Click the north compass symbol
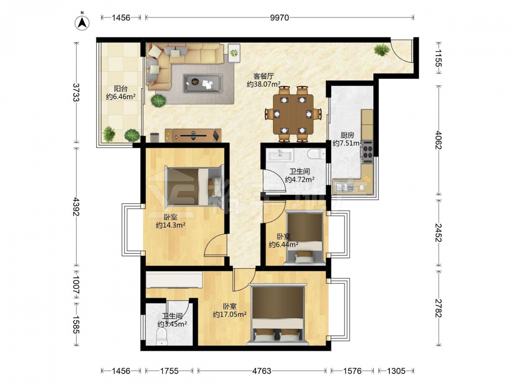click(x=82, y=22)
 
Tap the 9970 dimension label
click(x=279, y=17)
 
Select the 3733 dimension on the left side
click(x=76, y=93)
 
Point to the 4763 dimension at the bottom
click(x=262, y=371)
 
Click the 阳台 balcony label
click(x=121, y=89)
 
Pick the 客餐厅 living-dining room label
click(x=263, y=76)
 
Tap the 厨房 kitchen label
click(x=347, y=135)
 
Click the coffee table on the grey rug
click(x=202, y=83)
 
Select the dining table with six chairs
click(x=294, y=114)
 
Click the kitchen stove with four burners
click(x=368, y=152)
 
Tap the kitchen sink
click(x=344, y=187)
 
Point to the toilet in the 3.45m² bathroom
click(x=162, y=337)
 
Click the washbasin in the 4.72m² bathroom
click(x=280, y=154)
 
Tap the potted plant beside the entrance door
click(x=381, y=50)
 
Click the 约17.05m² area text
click(x=230, y=314)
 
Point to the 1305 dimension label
click(x=396, y=371)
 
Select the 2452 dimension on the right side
click(x=438, y=233)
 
